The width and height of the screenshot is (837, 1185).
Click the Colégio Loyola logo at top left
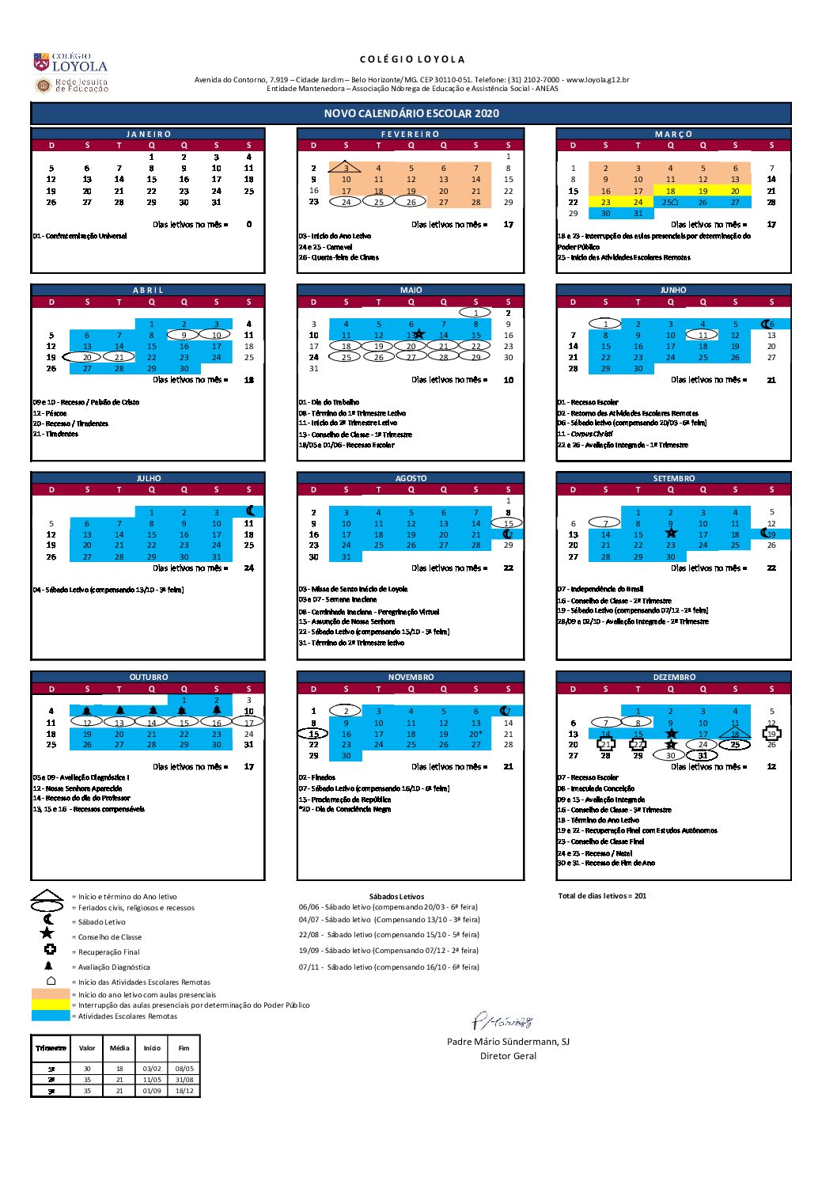(x=70, y=64)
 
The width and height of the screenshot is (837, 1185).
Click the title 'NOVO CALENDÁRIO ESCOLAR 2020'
(x=411, y=113)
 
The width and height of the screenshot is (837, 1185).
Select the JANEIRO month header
(x=149, y=134)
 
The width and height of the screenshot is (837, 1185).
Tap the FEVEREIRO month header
(x=411, y=134)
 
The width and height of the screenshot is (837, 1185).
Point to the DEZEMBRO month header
(x=674, y=677)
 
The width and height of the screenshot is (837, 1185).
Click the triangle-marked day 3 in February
(x=346, y=168)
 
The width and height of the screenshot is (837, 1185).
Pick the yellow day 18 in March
(x=670, y=191)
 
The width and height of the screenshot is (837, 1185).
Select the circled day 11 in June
(x=703, y=335)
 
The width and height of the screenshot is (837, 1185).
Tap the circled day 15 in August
(x=508, y=523)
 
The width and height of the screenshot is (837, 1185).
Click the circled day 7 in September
(x=605, y=523)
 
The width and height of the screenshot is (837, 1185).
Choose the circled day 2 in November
(x=346, y=711)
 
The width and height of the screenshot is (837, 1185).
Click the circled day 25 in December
(x=735, y=744)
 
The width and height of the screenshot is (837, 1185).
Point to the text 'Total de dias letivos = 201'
(x=602, y=896)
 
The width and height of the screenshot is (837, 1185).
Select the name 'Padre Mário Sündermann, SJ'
(x=508, y=1042)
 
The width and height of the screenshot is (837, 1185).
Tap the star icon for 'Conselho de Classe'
(x=47, y=933)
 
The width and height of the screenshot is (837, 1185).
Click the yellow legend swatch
(x=51, y=1005)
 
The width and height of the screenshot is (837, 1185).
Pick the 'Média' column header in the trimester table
(x=119, y=1048)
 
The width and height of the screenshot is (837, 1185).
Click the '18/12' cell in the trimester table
(x=184, y=1091)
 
